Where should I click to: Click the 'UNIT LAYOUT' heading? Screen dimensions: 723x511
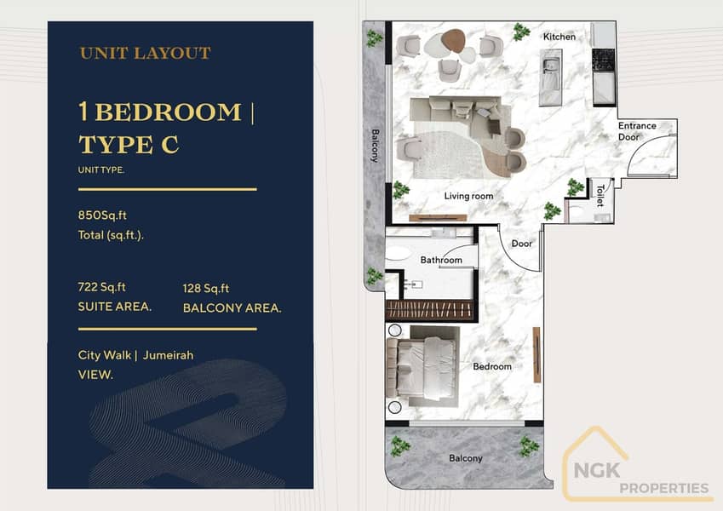[146, 53]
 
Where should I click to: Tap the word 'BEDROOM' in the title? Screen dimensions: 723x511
[169, 112]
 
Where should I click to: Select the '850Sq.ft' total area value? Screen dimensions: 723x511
[102, 215]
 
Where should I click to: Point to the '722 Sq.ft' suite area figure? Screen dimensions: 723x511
[102, 287]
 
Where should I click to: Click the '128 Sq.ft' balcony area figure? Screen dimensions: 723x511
[206, 289]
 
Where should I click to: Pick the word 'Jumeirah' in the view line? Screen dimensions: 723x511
[169, 355]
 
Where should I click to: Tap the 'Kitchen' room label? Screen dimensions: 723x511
[559, 37]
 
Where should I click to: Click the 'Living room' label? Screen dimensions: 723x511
[469, 196]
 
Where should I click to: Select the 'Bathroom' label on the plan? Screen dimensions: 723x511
[441, 260]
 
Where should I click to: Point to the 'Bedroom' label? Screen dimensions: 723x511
[492, 367]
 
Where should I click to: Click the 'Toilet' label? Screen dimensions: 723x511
[600, 196]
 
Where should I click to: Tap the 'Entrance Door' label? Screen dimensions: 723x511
[637, 131]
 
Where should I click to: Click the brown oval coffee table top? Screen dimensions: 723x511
[454, 40]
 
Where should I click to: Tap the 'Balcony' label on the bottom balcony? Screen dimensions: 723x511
[466, 458]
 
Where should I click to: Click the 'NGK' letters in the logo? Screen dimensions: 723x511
[597, 470]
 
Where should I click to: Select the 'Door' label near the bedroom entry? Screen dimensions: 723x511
[521, 244]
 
